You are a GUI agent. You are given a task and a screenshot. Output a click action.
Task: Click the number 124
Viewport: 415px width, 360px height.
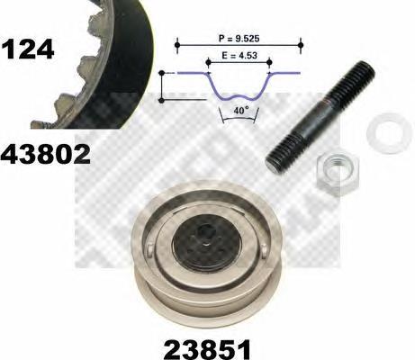click(28, 49)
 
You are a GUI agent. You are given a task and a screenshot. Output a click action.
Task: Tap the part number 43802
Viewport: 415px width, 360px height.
click(45, 154)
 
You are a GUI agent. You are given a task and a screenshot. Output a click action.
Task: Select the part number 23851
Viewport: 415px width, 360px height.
click(207, 349)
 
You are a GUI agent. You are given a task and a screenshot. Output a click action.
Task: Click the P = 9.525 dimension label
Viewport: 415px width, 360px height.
click(239, 39)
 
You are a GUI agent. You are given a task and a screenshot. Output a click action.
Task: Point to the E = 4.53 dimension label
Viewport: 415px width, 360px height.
click(239, 56)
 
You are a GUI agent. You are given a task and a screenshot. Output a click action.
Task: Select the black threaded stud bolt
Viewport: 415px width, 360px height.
click(320, 117)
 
